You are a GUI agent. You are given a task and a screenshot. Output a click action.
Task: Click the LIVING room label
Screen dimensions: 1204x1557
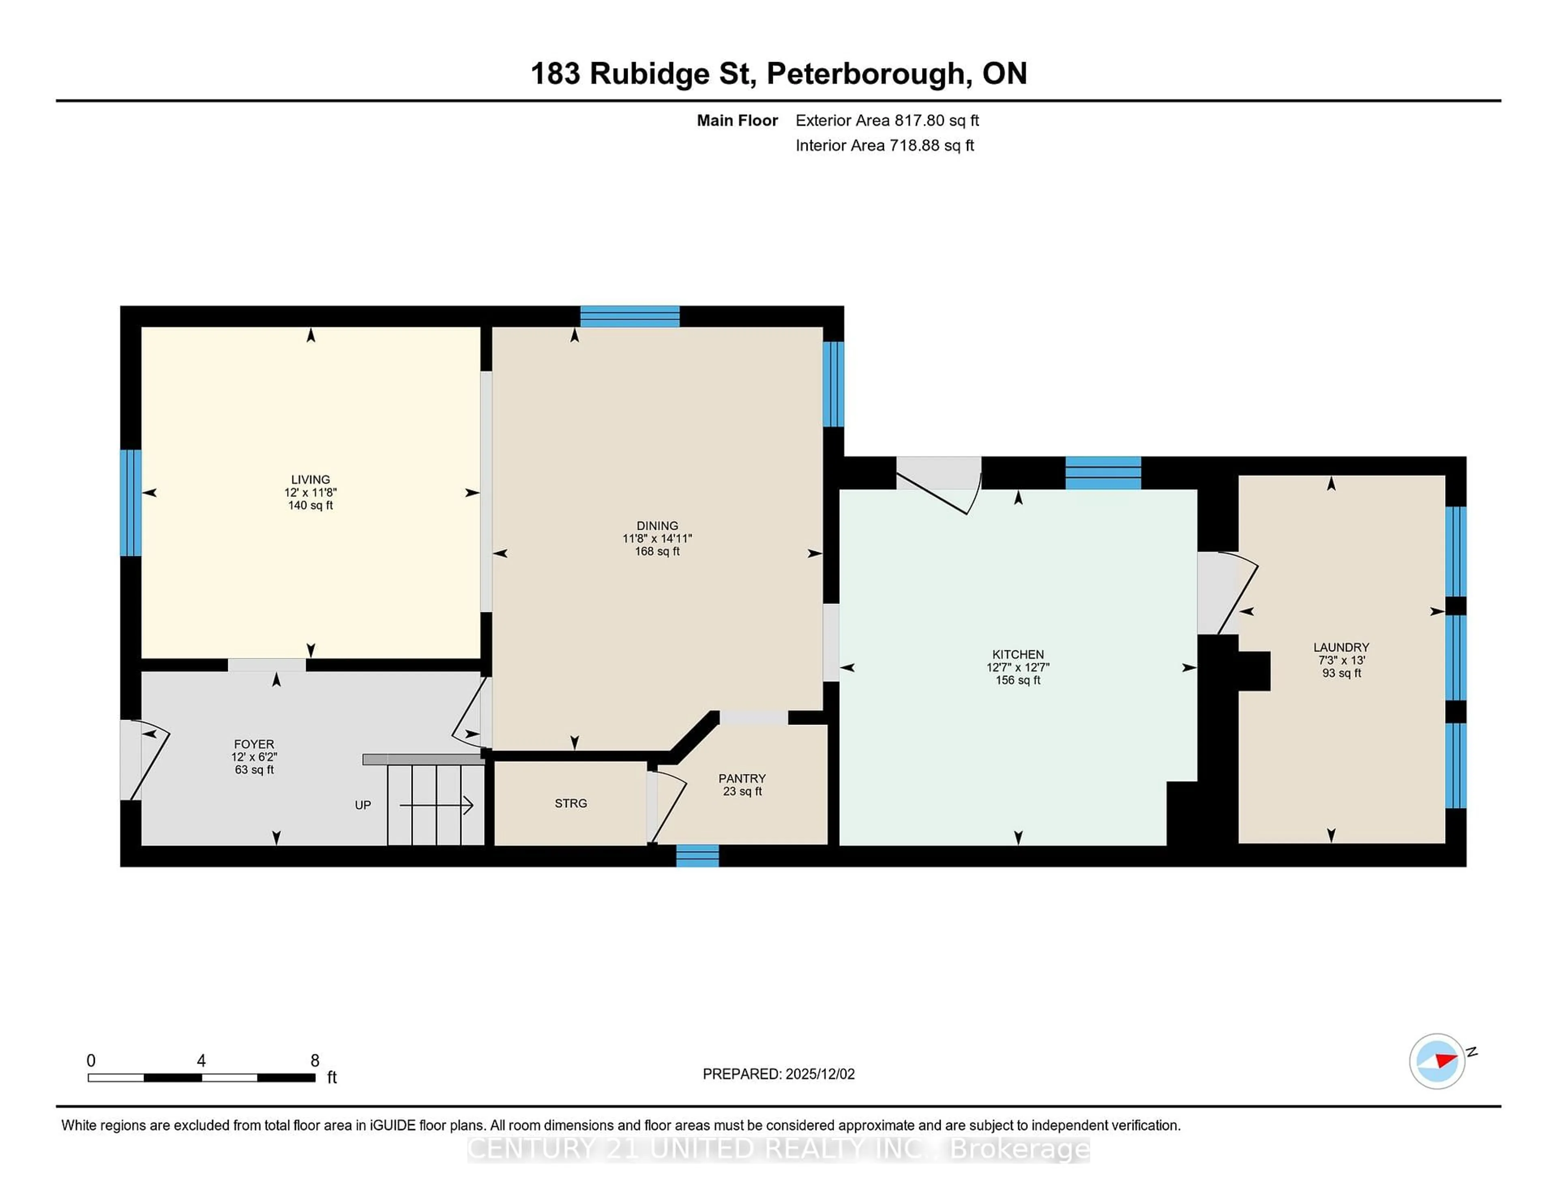point(310,479)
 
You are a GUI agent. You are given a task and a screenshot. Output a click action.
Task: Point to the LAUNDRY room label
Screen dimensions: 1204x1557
point(1341,647)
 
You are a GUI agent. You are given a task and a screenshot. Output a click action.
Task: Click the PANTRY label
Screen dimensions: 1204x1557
point(742,778)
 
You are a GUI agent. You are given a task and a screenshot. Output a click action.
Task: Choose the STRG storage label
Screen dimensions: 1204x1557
point(570,803)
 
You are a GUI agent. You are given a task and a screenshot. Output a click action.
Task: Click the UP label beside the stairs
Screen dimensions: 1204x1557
point(363,805)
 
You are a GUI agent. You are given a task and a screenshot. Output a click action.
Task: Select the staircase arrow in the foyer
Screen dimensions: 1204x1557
point(436,805)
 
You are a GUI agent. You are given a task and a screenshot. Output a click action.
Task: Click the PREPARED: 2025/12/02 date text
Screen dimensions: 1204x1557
point(778,1074)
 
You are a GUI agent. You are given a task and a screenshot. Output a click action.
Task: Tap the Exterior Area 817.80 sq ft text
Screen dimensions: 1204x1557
point(887,120)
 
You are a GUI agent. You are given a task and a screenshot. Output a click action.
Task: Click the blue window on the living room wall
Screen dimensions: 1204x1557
point(131,502)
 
